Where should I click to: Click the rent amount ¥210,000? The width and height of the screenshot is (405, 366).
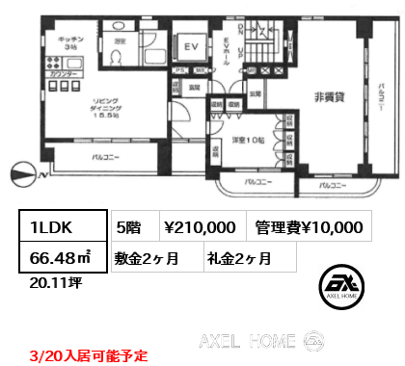[x=200, y=227]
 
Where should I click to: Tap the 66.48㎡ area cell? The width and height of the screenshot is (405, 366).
[x=59, y=257]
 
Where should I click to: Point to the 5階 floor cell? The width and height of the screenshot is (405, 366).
[x=130, y=227]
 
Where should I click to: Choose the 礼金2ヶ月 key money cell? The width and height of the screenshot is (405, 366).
[x=237, y=257]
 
